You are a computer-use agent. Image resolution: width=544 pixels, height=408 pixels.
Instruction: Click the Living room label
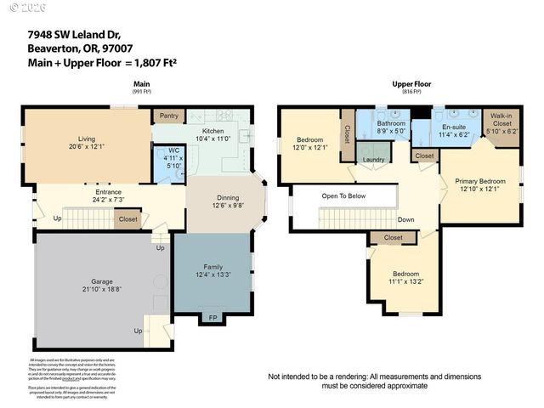pos(87,139)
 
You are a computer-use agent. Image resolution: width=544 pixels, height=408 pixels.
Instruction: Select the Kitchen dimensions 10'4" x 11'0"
pos(201,139)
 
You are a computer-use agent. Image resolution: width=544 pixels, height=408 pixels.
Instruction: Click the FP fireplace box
pos(212,319)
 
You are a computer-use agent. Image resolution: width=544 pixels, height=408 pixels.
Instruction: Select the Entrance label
pos(107,192)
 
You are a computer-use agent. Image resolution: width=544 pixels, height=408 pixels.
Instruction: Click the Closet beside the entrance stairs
pos(127,219)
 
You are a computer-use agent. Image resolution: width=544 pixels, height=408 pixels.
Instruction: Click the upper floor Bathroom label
pos(391,124)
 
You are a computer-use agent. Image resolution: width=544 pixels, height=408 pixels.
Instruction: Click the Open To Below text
pos(344,195)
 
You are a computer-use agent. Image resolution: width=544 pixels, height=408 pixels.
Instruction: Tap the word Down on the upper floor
pos(406,218)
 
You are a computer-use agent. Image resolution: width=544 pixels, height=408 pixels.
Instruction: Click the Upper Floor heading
pos(412,84)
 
